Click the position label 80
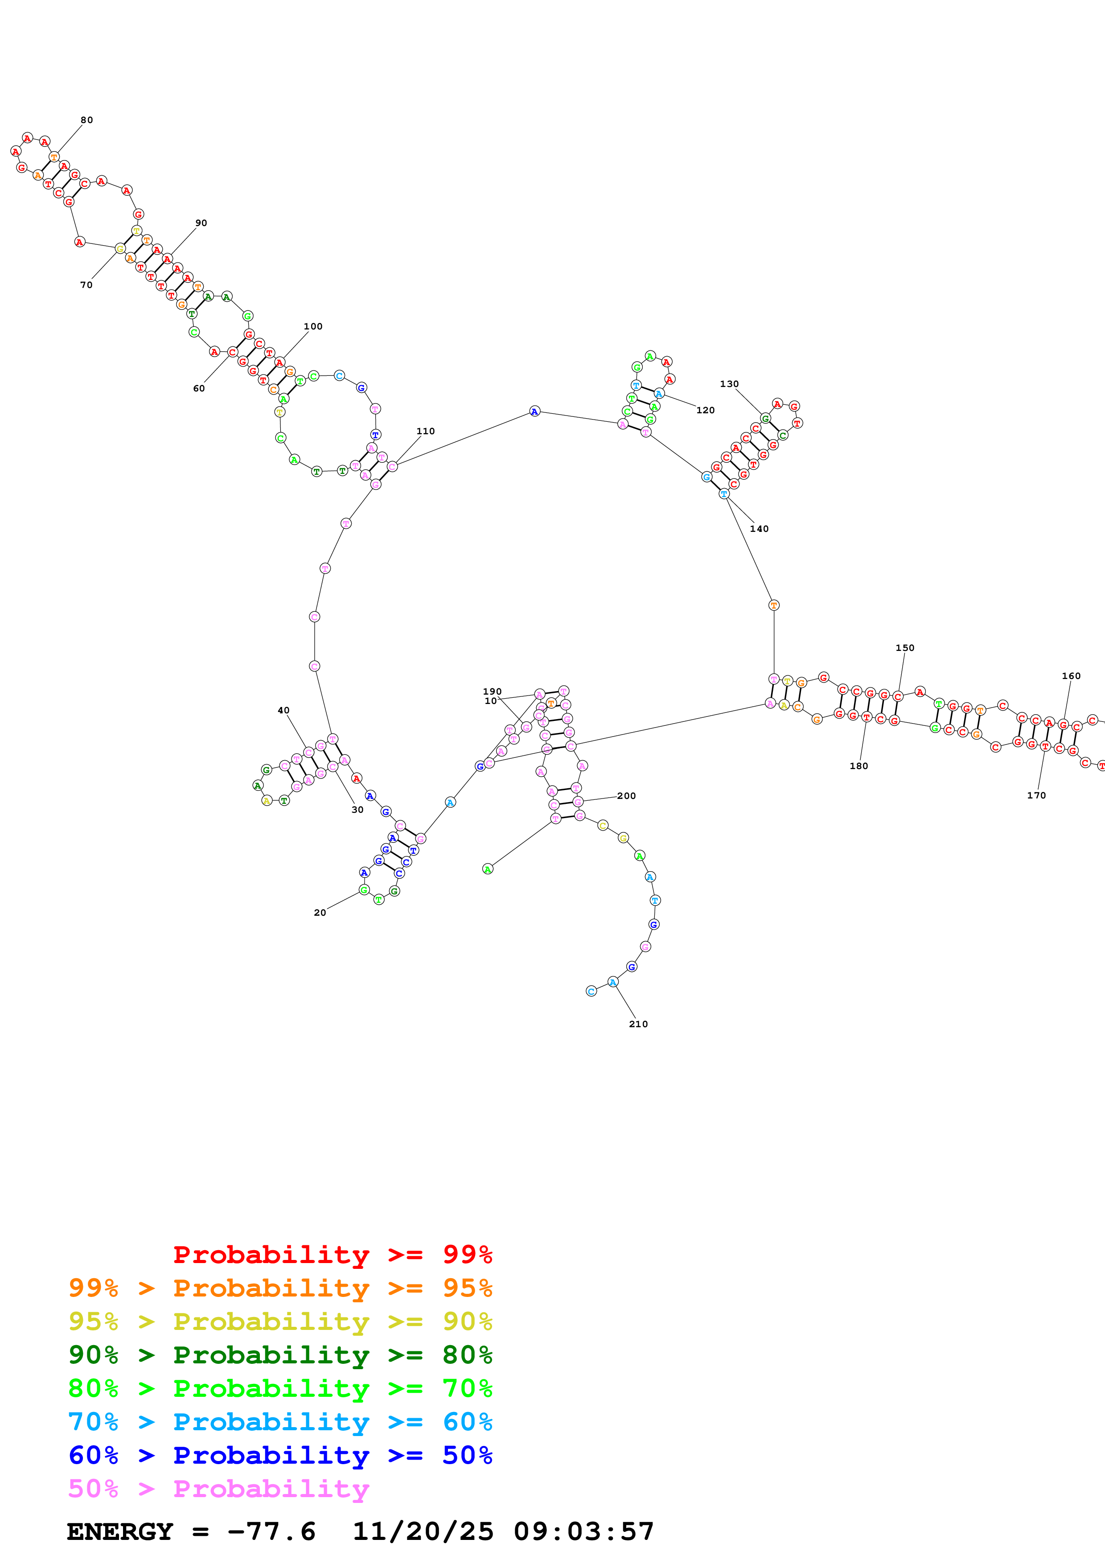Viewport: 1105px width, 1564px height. (86, 120)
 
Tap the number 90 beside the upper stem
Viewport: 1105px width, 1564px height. (201, 223)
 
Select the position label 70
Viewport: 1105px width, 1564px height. (86, 285)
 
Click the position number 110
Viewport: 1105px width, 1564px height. (426, 431)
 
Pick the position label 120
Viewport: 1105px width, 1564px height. (705, 410)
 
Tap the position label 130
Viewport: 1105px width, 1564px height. (729, 384)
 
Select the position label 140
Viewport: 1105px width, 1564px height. (759, 529)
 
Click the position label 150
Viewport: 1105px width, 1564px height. (905, 648)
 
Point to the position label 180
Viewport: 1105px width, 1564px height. (859, 766)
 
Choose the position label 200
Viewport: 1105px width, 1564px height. (626, 796)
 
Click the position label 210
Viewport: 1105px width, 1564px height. (638, 1024)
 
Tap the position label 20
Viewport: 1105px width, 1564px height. (319, 913)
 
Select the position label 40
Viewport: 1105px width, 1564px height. (283, 711)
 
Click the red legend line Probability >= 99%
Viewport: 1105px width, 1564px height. (332, 1255)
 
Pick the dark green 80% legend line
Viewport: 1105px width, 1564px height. (280, 1355)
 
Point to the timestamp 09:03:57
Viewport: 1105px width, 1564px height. (583, 1532)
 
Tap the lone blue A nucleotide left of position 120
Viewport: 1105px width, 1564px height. (534, 412)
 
